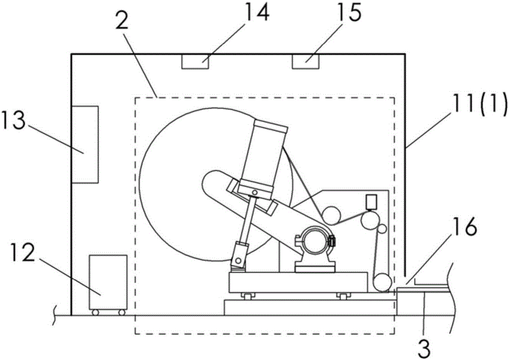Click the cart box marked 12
coord(107,282)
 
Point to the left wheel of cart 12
coord(95,312)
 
